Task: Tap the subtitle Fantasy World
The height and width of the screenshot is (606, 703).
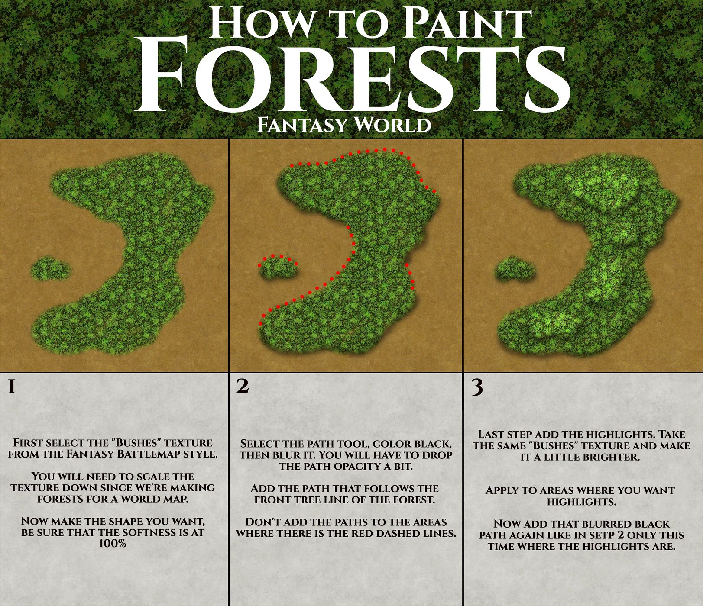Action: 344,125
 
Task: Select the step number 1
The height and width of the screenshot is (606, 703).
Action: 12,387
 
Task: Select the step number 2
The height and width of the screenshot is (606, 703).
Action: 243,386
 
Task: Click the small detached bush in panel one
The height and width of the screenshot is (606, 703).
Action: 50,269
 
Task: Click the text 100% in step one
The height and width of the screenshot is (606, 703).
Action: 113,544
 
